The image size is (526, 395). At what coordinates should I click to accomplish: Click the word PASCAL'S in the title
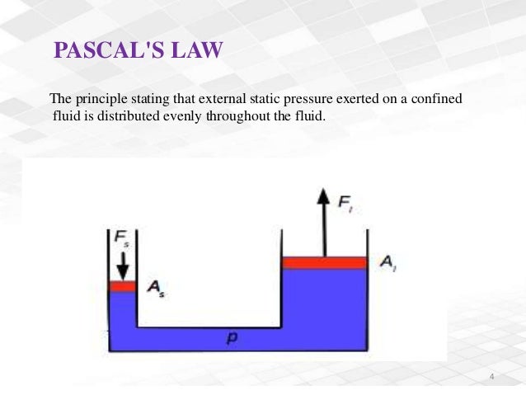(110, 53)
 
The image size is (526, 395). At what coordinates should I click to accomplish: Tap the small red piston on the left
(122, 285)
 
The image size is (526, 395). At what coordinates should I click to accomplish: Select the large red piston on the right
(324, 262)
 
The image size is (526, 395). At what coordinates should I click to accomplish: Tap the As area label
(154, 289)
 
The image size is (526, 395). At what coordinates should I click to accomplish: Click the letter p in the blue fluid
(232, 339)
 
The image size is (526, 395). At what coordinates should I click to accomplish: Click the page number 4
(491, 377)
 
